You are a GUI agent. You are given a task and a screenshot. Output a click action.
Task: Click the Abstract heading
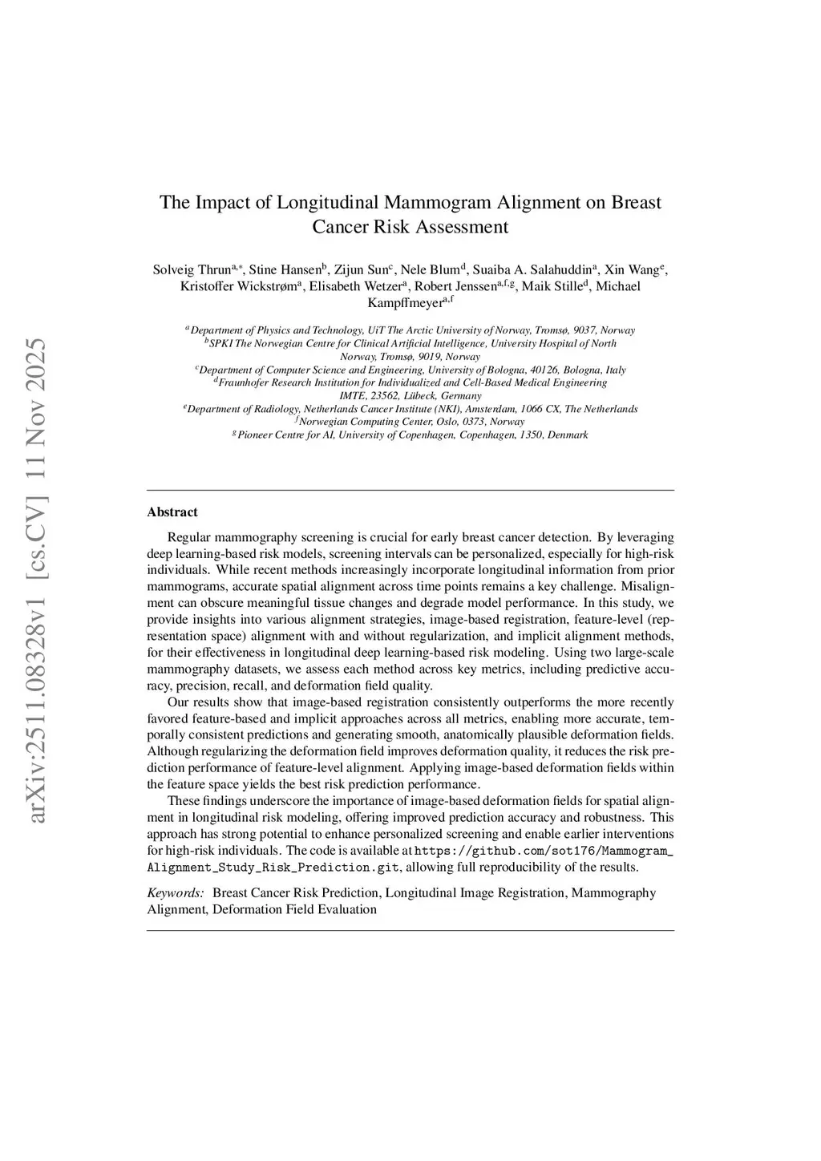[x=172, y=512]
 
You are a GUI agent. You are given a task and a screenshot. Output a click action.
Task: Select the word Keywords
[x=174, y=892]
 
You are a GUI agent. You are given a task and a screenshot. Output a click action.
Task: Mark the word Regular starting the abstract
[x=188, y=536]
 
